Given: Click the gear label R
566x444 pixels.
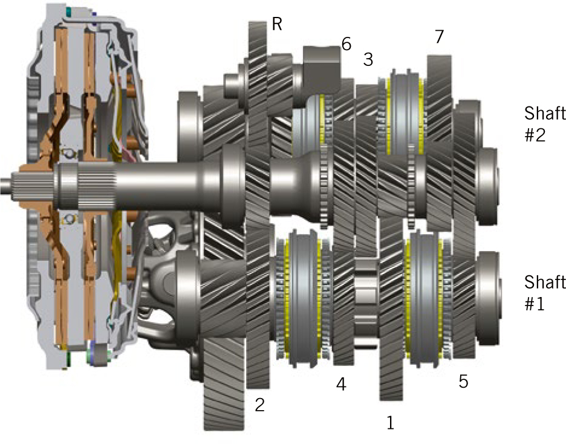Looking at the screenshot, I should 278,24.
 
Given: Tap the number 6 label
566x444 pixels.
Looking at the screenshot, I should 346,44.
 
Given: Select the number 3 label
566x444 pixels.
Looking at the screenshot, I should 368,60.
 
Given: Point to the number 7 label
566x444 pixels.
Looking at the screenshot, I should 439,37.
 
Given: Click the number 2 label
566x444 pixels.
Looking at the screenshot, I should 260,405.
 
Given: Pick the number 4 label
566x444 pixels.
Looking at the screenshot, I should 341,384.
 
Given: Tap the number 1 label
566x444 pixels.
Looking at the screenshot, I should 390,422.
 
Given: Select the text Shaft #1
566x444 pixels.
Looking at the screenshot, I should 545,292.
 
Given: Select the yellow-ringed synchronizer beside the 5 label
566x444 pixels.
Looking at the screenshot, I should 426,301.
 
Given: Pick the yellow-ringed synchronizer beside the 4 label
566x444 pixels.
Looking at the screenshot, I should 303,301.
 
